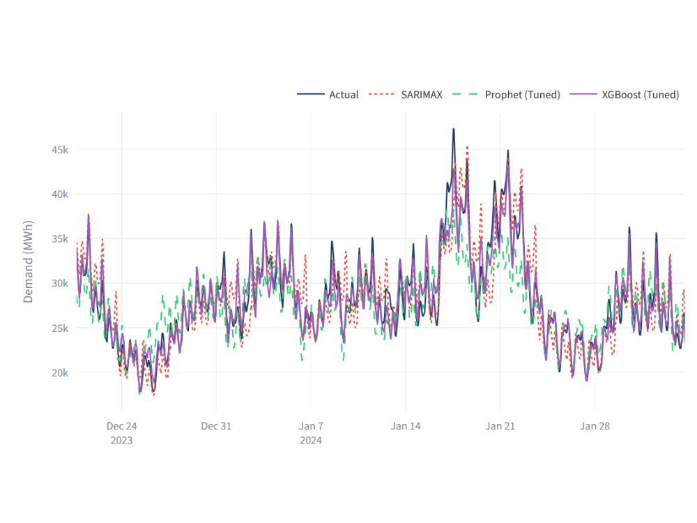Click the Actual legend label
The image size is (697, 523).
[x=344, y=95]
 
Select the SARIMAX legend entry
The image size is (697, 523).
[x=421, y=95]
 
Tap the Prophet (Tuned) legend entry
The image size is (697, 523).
[x=522, y=95]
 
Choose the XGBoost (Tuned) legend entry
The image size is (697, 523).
[x=640, y=95]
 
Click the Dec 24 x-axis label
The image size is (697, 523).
[x=121, y=426]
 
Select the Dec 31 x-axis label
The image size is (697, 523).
[x=216, y=426]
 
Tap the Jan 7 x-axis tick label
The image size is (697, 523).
[x=311, y=426]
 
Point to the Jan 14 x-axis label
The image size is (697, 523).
[x=406, y=426]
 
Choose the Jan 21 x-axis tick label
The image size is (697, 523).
[x=500, y=426]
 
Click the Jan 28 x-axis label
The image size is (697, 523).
[x=595, y=426]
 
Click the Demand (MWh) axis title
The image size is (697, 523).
[x=29, y=262]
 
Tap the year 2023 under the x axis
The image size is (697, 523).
[x=121, y=441]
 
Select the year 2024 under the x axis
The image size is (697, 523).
[x=311, y=441]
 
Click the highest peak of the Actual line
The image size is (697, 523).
[x=453, y=129]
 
